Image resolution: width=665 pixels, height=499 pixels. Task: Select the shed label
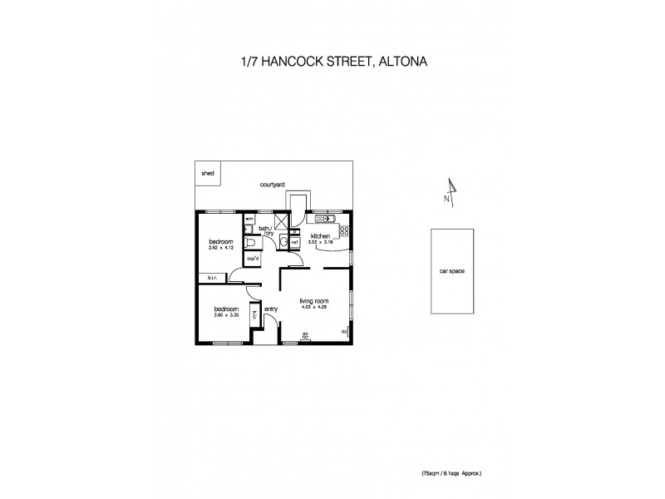click(208, 175)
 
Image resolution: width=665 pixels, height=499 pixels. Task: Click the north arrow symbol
click(450, 191)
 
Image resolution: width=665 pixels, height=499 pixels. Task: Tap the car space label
click(451, 271)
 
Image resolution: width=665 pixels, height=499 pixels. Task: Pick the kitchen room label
click(321, 237)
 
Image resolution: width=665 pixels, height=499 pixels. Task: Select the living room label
click(315, 301)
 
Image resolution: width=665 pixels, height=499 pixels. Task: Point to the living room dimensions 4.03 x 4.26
click(315, 308)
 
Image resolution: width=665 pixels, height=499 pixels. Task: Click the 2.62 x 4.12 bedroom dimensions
click(220, 247)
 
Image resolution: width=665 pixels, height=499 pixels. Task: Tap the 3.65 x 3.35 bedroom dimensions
click(227, 315)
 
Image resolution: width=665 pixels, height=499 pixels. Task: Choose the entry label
click(270, 309)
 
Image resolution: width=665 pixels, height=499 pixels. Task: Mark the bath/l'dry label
click(266, 230)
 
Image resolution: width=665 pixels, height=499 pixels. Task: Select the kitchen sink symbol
click(323, 220)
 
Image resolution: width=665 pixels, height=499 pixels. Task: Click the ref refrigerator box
click(294, 242)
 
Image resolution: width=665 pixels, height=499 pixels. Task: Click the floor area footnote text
click(451, 472)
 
